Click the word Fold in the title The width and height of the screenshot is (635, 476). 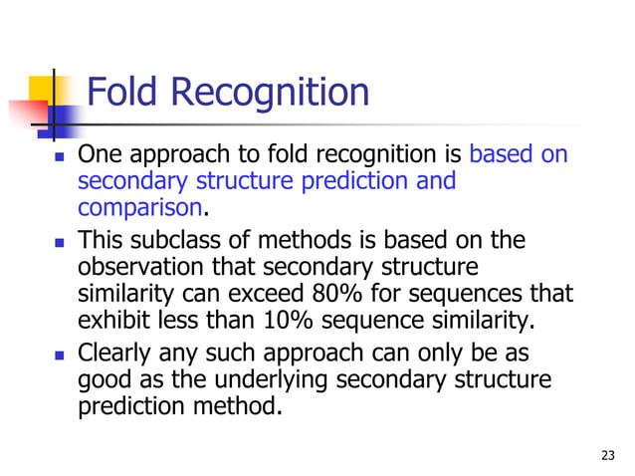pyautogui.click(x=125, y=95)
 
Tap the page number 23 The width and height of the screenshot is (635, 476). pyautogui.click(x=609, y=456)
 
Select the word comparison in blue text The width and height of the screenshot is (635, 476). pyautogui.click(x=139, y=210)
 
